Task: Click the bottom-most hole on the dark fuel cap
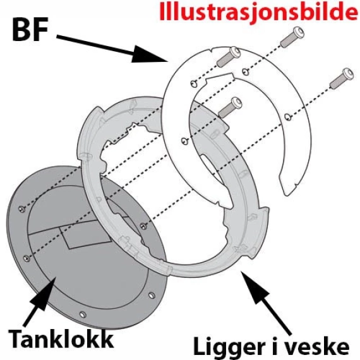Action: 82,314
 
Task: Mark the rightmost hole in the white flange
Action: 288,116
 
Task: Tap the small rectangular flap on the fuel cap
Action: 79,239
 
